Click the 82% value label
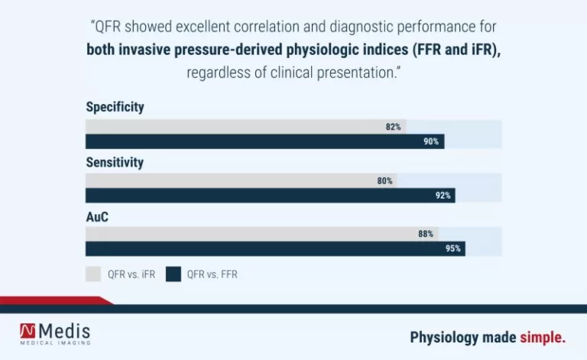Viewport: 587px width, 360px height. (394, 127)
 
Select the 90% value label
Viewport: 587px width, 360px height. (431, 141)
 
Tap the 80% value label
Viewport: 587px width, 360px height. (384, 181)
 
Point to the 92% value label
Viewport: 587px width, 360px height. (443, 196)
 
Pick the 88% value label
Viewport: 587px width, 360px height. (426, 234)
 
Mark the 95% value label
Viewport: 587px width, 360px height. (453, 249)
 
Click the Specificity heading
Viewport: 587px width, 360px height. (115, 107)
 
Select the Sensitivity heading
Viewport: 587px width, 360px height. (115, 162)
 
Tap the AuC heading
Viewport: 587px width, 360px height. (97, 216)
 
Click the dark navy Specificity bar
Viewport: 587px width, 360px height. (260, 141)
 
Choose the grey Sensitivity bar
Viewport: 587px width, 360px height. (237, 181)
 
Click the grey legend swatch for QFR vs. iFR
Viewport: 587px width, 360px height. (93, 274)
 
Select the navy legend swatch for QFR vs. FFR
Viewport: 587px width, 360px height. (174, 274)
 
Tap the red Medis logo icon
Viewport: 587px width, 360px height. (28, 330)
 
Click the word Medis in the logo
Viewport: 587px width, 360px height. (64, 330)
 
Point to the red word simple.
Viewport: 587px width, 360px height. (543, 337)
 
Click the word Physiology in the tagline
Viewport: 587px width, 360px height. (445, 337)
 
